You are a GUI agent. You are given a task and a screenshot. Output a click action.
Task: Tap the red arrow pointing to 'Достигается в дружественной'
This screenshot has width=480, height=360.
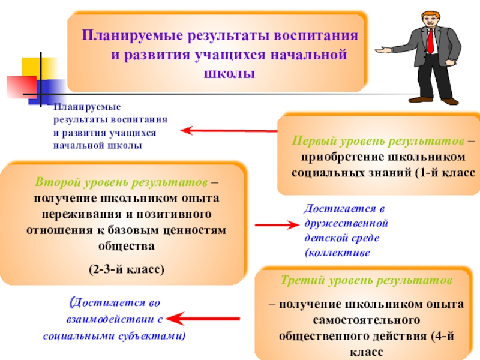[x=276, y=226]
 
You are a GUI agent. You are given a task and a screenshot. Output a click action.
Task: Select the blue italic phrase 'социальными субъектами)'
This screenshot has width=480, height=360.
[x=114, y=336]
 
